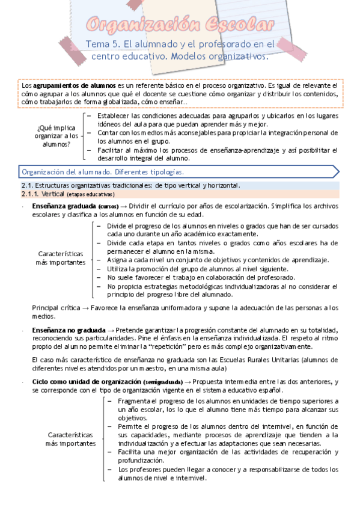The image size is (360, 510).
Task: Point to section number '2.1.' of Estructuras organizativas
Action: pyautogui.click(x=26, y=185)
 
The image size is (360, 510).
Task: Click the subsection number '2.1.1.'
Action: pyautogui.click(x=29, y=194)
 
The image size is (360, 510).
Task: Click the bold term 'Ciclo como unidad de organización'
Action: pyautogui.click(x=87, y=381)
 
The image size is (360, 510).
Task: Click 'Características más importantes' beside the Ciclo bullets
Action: pyautogui.click(x=70, y=438)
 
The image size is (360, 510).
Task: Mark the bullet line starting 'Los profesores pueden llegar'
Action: pyautogui.click(x=228, y=469)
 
